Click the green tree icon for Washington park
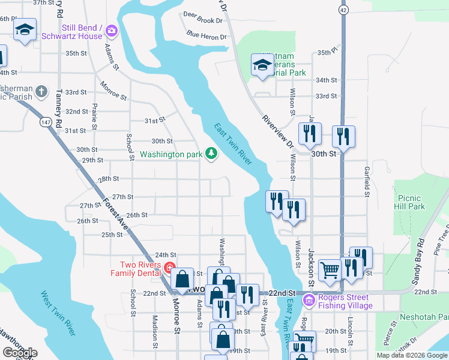pos(211,154)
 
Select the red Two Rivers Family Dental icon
pos(170,268)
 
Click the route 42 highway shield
pos(342,10)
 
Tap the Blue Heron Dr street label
pos(206,36)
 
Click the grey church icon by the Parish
pos(41,92)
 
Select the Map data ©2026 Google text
pos(412,355)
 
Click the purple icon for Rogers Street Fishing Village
pos(309,299)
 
